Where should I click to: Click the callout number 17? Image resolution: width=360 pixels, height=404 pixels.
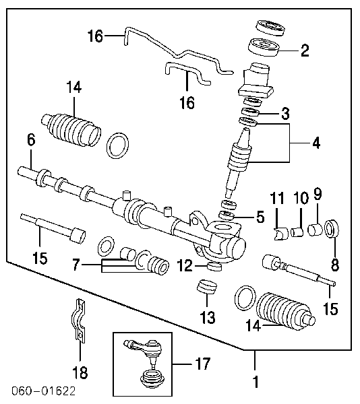coord(202,364)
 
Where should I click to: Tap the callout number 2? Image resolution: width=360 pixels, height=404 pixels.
coord(305,49)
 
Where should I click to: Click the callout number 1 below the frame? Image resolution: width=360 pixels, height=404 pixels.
coord(255,383)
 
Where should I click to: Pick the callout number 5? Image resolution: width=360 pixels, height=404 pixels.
coord(260,217)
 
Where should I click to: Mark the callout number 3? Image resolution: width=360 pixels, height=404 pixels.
coord(285,112)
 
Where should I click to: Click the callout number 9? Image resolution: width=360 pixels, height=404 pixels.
coord(317,195)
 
